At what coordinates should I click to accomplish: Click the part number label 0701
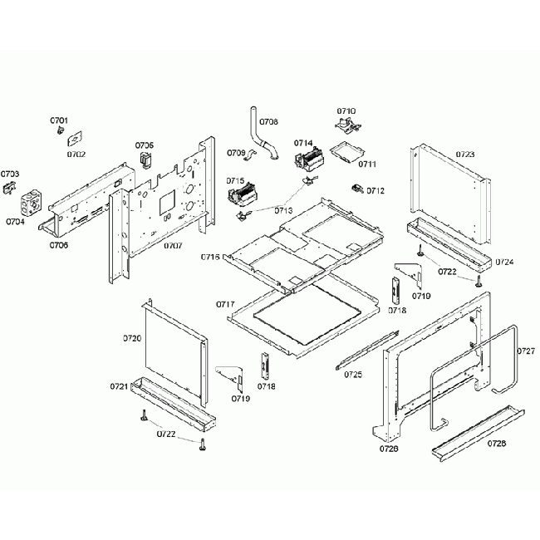click(x=60, y=121)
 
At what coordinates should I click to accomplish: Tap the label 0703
click(x=10, y=174)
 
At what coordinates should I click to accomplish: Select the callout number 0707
click(x=173, y=246)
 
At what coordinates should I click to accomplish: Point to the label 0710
click(x=346, y=111)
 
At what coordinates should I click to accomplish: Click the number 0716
click(x=210, y=258)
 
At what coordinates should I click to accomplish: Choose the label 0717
click(x=226, y=305)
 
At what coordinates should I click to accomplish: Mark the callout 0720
click(x=132, y=338)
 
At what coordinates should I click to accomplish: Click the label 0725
click(x=354, y=375)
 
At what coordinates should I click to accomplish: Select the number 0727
click(x=525, y=351)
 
